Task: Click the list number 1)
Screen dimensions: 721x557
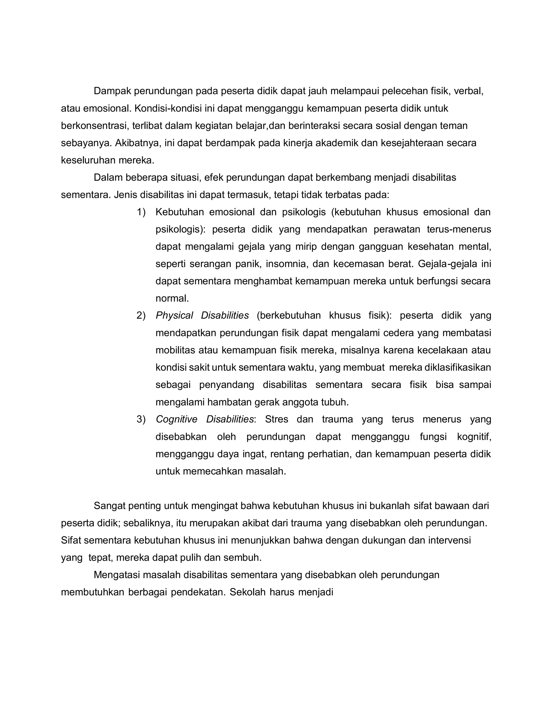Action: [141, 212]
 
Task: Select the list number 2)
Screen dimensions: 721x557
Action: [141, 316]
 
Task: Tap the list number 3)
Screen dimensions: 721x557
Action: [141, 419]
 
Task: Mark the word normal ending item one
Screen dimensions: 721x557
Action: [172, 298]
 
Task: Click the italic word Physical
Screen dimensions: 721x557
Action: [174, 316]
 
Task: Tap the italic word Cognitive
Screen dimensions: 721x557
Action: [177, 419]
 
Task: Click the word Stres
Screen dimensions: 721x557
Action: [277, 419]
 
